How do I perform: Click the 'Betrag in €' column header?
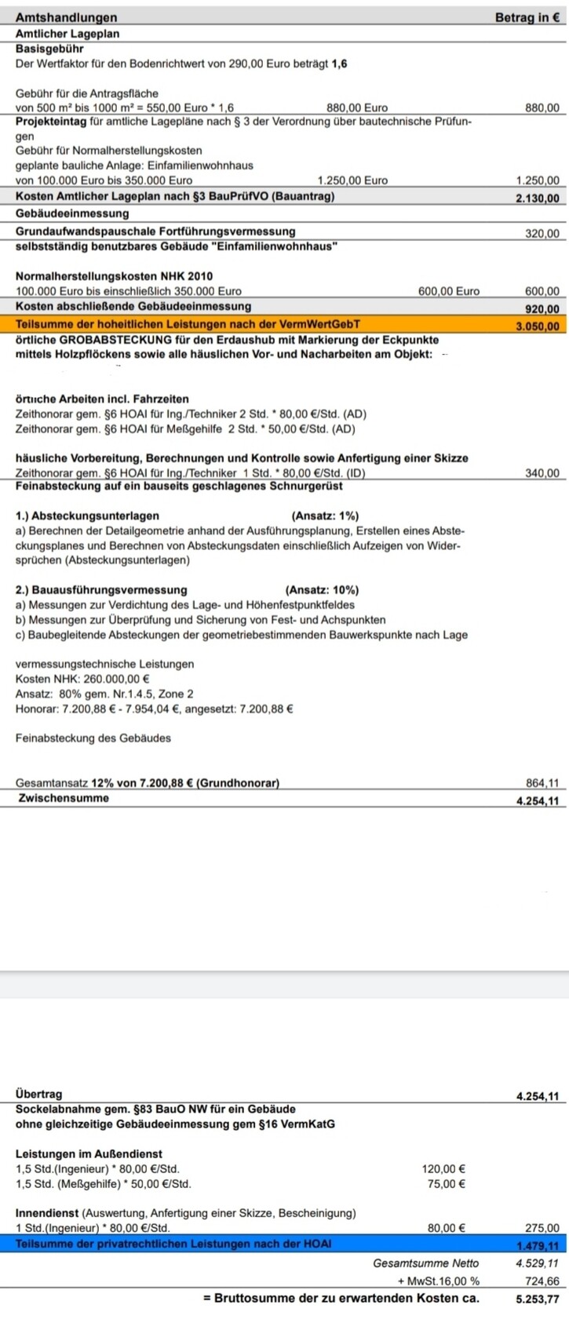(x=527, y=17)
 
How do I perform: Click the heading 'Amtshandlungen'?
(x=66, y=17)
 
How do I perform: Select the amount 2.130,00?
(x=538, y=199)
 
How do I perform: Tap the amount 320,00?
(x=542, y=233)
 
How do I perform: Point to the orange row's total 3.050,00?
(x=538, y=326)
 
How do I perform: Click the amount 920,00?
(x=542, y=308)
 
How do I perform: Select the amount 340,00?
(x=542, y=472)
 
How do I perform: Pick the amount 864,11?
(x=542, y=782)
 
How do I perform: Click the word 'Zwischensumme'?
(x=64, y=798)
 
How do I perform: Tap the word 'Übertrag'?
(x=38, y=1094)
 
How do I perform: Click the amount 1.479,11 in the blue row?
(x=538, y=1245)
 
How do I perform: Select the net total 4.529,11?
(x=538, y=1263)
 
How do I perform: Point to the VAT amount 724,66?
(x=542, y=1281)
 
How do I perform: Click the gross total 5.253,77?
(x=538, y=1299)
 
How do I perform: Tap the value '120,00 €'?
(x=443, y=1168)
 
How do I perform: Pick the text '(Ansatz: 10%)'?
(x=322, y=590)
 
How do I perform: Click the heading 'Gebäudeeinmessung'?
(x=72, y=213)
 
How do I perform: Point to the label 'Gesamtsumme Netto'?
(x=425, y=1263)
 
